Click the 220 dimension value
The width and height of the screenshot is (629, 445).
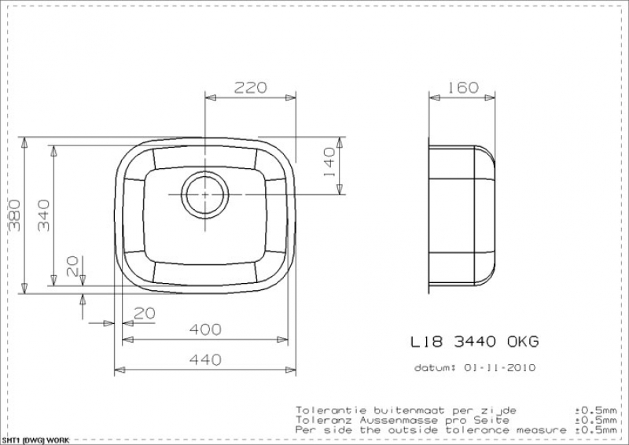(x=250, y=87)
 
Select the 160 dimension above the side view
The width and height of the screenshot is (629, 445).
(x=462, y=87)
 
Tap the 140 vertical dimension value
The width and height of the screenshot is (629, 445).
(x=329, y=163)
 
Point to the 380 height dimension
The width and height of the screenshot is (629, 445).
(x=15, y=215)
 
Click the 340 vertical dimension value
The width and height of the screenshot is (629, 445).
(x=43, y=215)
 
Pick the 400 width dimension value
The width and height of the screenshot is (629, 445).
(x=205, y=329)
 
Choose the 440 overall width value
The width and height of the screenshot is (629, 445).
(x=205, y=359)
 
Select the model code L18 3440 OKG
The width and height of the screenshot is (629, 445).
(x=475, y=342)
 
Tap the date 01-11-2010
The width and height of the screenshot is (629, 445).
(x=499, y=367)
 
